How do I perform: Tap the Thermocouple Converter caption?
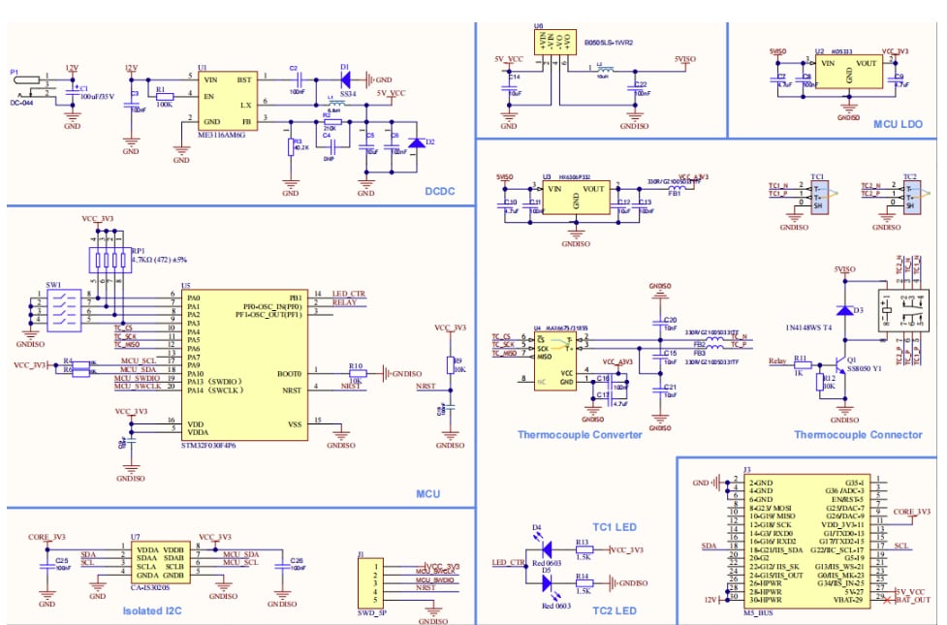coord(579,434)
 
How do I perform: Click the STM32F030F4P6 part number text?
coord(208,445)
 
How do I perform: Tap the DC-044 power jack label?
coord(23,102)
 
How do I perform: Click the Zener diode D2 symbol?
coord(417,142)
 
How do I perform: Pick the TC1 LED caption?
coord(612,527)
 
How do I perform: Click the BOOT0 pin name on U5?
coord(290,373)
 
